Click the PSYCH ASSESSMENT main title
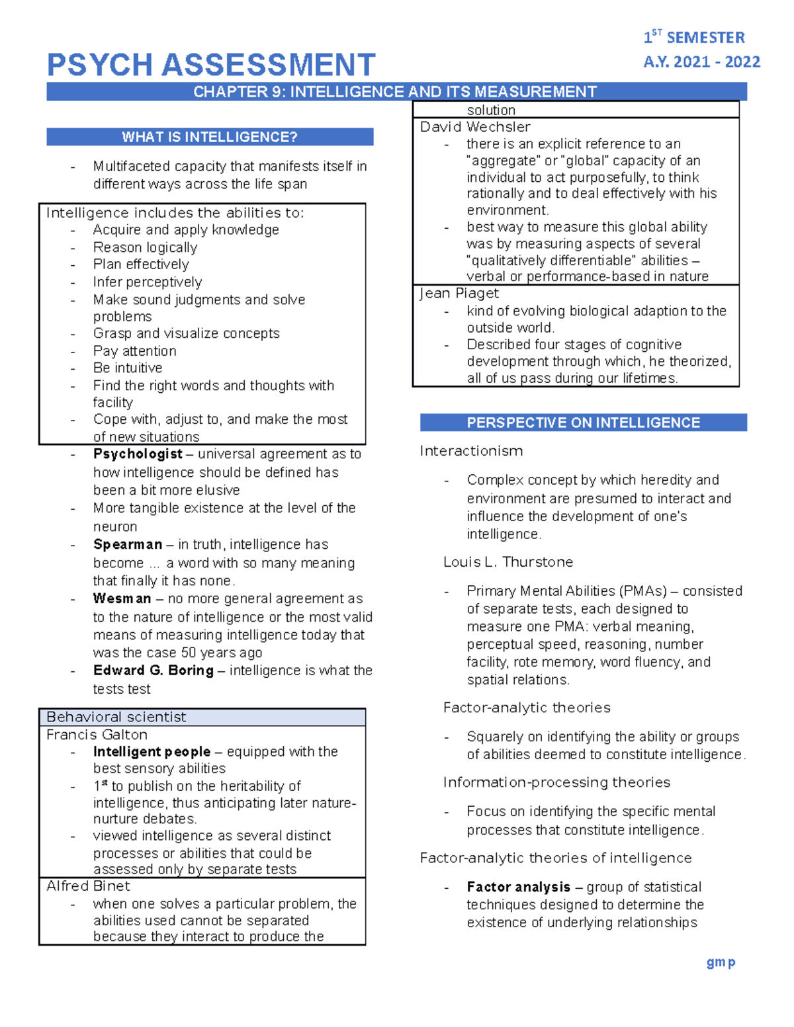coord(211,65)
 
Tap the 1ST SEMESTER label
coord(694,37)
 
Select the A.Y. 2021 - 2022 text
coord(701,62)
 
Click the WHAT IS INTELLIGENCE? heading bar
coord(210,137)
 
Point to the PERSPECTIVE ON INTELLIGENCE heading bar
coord(583,423)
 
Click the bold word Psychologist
coord(138,454)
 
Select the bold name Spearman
coord(128,544)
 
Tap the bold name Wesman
coord(122,598)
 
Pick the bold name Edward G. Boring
coord(154,671)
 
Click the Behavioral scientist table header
coord(116,717)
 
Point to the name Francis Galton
coord(97,735)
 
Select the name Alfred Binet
coord(89,886)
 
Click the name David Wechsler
coord(475,127)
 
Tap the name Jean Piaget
coord(459,294)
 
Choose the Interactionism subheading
coord(471,451)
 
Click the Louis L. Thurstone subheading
coord(508,562)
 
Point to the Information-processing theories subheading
coord(556,782)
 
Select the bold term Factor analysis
coord(518,887)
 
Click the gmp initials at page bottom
coord(721,962)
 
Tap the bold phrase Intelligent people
coord(152,752)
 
